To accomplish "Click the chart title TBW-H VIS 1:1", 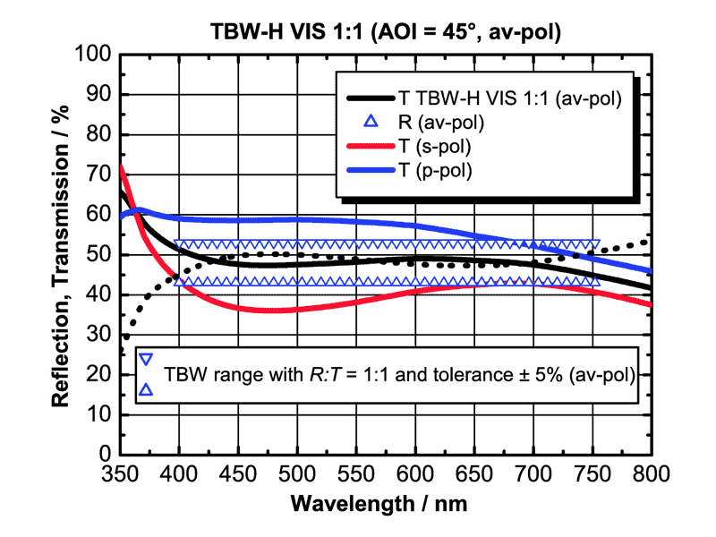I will click(x=384, y=33).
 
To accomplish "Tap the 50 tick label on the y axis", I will click(x=102, y=255).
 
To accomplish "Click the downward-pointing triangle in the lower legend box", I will click(x=147, y=360).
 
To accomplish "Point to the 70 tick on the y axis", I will click(x=102, y=175).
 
